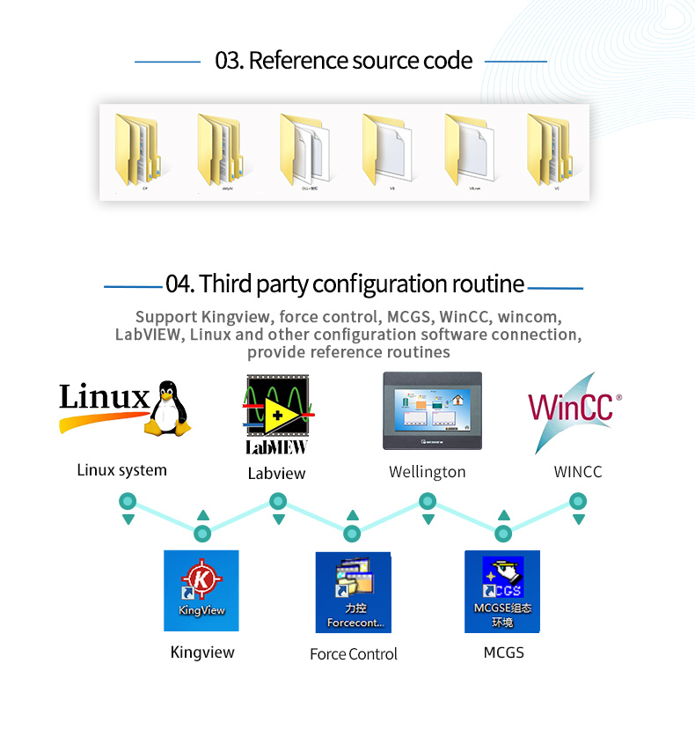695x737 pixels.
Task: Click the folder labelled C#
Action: [x=137, y=150]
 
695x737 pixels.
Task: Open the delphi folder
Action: [x=219, y=150]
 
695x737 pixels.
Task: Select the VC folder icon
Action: [x=549, y=150]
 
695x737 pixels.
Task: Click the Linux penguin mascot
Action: [x=167, y=409]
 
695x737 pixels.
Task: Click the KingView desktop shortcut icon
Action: [x=201, y=590]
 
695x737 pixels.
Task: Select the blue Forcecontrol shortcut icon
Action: [x=353, y=591]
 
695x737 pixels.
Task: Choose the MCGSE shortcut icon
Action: [x=502, y=591]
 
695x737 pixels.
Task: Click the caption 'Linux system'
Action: [x=121, y=470]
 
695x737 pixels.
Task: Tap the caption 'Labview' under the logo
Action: [x=276, y=474]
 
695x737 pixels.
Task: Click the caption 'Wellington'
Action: [x=428, y=472]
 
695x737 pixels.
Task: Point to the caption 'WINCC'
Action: [x=578, y=472]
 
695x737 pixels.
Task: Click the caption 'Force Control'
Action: [x=354, y=654]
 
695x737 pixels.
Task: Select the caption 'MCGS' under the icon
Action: [x=503, y=652]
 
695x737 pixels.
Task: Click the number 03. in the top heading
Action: [x=229, y=61]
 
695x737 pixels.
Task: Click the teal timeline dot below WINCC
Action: [x=578, y=501]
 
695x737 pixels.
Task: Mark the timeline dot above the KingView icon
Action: [x=202, y=534]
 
